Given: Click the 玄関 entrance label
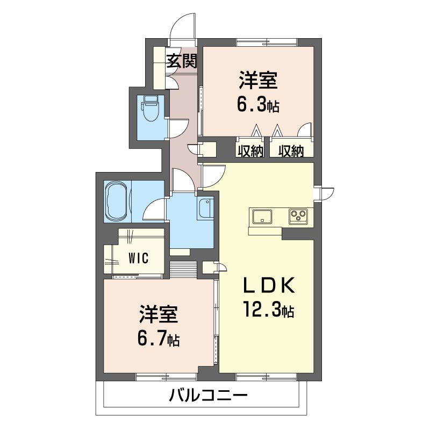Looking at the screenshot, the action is (x=182, y=61).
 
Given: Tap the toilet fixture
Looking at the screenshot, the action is (x=150, y=108).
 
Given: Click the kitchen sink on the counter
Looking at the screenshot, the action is (x=262, y=217).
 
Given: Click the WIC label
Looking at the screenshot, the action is (x=139, y=258).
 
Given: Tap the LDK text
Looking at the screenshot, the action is (x=269, y=286).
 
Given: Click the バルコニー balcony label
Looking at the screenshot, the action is (x=208, y=395).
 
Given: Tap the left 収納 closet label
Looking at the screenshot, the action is (x=250, y=151).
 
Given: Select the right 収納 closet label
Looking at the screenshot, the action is (x=291, y=151).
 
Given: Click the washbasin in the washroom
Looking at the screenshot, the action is (x=205, y=209).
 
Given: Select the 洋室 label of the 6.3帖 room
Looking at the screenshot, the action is (x=258, y=80).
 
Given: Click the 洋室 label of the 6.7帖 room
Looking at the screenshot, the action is (x=159, y=314).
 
